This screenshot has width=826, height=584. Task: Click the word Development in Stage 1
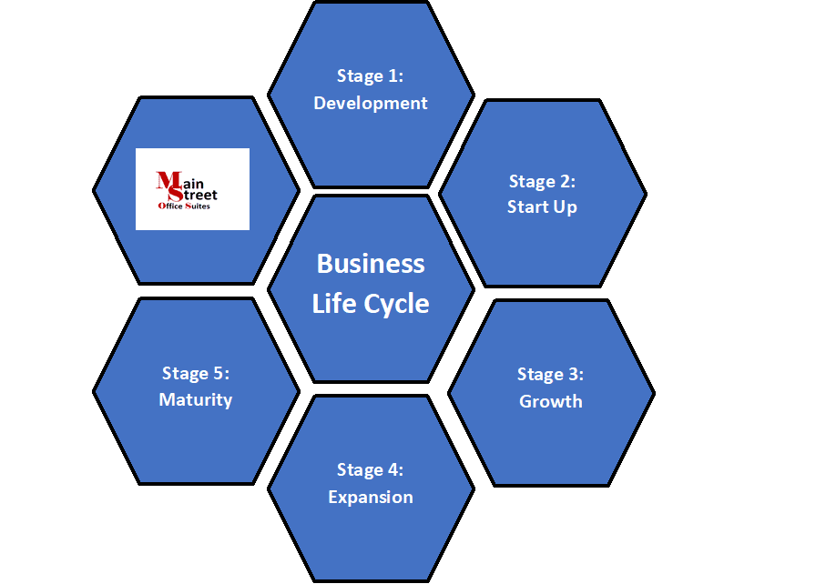coord(371,104)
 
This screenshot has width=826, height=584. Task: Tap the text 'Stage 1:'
coord(371,76)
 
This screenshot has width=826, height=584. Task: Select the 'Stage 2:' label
coord(542,182)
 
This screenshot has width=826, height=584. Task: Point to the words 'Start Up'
coord(542,207)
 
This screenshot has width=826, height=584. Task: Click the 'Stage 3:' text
coord(550,375)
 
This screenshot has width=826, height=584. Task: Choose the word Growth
coord(550,401)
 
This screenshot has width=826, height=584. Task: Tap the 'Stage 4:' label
coord(371,469)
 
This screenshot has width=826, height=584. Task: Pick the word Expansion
coord(371,498)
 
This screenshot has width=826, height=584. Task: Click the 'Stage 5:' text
coord(196,374)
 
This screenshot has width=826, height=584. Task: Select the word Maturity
coord(196,400)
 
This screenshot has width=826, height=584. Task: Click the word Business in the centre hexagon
coord(371,264)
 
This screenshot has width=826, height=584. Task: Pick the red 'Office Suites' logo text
coord(184,206)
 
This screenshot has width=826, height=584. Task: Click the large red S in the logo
coord(176,194)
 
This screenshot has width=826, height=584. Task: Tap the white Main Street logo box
coord(192,189)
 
